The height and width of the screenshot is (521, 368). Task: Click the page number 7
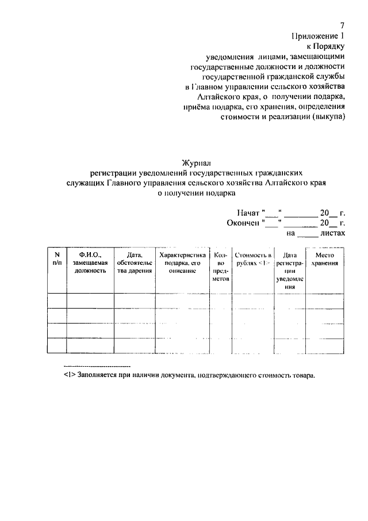(x=342, y=25)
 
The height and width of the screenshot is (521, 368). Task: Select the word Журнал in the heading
(x=197, y=163)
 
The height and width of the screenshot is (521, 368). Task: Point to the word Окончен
(x=243, y=223)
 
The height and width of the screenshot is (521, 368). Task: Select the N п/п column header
(x=56, y=258)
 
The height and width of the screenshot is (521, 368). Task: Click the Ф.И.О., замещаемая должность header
(x=90, y=262)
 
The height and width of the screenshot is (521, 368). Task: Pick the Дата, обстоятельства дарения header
(x=135, y=262)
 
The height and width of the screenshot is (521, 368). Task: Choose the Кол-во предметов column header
(x=221, y=266)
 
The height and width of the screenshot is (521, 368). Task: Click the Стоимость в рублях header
(x=253, y=258)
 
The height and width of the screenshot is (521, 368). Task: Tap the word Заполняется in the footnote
(x=94, y=375)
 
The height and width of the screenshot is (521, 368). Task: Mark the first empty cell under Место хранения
(x=325, y=301)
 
